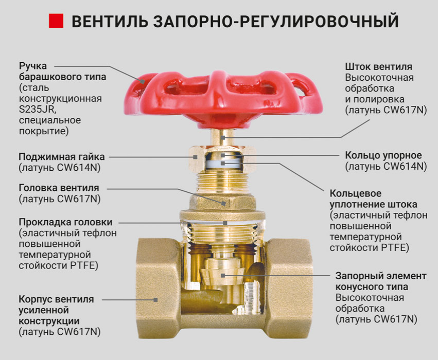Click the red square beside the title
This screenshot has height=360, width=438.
56,21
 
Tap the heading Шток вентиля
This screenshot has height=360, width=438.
378,67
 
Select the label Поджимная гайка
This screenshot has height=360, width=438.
62,157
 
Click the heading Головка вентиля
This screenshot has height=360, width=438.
59,188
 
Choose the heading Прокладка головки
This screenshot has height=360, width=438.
66,222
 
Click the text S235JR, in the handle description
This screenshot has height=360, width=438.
38,110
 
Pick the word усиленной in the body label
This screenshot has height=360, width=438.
44,310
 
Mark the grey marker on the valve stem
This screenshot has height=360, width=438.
223,137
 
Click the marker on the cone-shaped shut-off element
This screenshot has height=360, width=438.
223,276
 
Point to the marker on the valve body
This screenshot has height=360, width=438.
155,300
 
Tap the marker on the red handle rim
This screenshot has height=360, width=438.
143,82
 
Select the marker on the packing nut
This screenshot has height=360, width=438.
195,157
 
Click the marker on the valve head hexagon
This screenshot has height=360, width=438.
224,204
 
